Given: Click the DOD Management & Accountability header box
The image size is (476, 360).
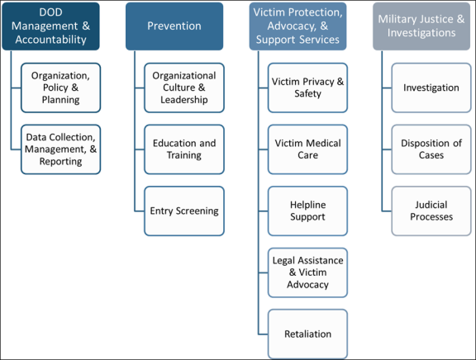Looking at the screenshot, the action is point(50,26).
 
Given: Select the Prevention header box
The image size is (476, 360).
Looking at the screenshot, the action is point(174,26).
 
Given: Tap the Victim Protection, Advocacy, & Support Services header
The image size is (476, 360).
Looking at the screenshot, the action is point(297,26).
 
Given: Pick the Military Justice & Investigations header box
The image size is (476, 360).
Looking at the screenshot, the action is point(421,26).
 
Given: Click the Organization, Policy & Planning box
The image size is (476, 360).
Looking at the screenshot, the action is point(60,88).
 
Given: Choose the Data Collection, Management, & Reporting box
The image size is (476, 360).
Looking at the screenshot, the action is point(60,149).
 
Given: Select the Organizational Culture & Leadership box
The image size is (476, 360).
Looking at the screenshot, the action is point(184,88).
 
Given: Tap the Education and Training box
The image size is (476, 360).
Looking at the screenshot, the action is point(184,149).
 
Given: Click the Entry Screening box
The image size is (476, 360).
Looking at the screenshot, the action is point(184,211).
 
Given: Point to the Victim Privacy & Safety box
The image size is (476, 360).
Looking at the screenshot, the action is point(307,88).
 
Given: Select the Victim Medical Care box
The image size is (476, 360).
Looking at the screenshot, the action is point(307,149).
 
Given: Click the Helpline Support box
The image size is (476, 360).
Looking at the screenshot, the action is point(307,211).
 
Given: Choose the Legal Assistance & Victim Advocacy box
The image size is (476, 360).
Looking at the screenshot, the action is point(307,272).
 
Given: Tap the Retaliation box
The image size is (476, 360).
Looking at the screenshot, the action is point(307,334).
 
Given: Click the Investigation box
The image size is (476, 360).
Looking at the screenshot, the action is point(431,88).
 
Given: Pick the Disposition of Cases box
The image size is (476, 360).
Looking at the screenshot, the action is point(431,149).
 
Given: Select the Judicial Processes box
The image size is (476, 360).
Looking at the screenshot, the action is point(431,211).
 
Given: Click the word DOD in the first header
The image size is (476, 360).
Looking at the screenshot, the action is point(50,12).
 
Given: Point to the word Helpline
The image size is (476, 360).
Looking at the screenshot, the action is point(307,205).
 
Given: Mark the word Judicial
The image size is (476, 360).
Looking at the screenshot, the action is point(431,205).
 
